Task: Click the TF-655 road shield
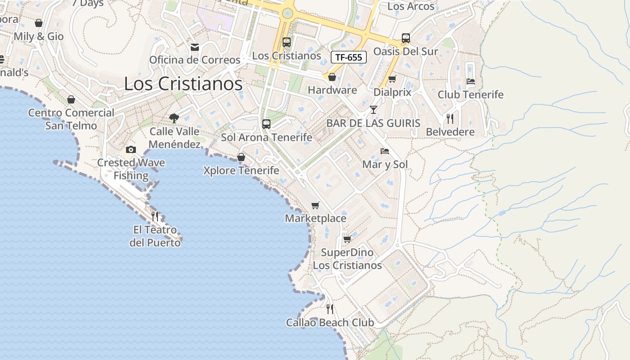[x=348, y=57]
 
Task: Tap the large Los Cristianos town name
[x=183, y=84]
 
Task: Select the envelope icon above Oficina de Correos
[x=195, y=47]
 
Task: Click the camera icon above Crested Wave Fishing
[x=131, y=149]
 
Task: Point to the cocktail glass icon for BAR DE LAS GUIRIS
[x=373, y=109]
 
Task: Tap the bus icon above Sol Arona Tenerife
[x=266, y=124]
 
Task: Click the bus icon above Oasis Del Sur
[x=406, y=38]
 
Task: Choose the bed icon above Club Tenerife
[x=470, y=81]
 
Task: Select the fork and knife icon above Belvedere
[x=450, y=119]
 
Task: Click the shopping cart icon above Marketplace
[x=315, y=205]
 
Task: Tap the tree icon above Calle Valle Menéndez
[x=174, y=118]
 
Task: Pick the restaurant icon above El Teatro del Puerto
[x=155, y=216]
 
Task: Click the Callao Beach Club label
[x=330, y=323]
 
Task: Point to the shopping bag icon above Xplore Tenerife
[x=241, y=157]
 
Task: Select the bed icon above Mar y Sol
[x=385, y=151]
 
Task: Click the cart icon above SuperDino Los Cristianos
[x=347, y=239]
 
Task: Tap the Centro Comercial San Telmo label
[x=71, y=119]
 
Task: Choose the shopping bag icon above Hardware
[x=332, y=77]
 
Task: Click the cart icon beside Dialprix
[x=392, y=79]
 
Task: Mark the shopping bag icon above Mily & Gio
[x=39, y=23]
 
